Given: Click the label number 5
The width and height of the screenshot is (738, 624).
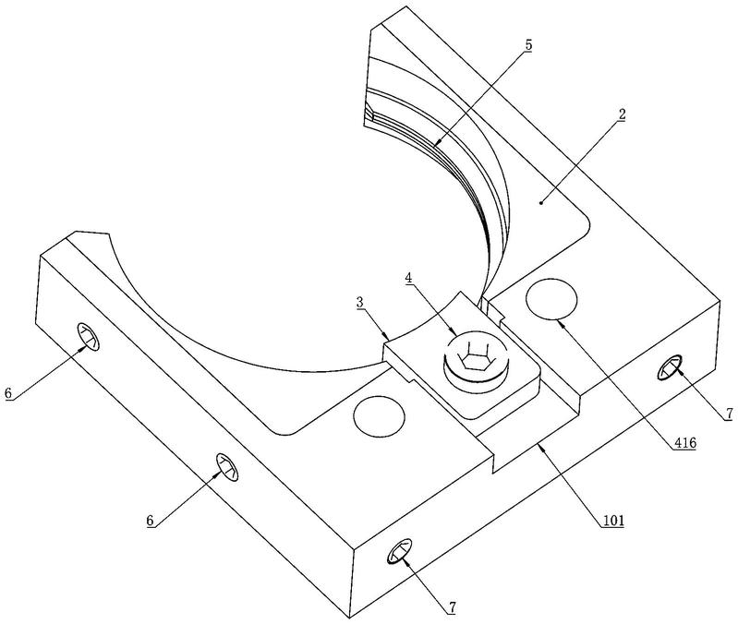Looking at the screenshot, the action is click(528, 45).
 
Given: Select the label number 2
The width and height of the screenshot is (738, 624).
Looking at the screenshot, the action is click(622, 114).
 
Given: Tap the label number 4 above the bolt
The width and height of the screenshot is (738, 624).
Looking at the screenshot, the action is click(408, 278).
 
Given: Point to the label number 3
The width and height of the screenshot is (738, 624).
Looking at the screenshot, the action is click(360, 303).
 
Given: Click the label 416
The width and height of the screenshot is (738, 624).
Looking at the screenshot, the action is click(684, 442).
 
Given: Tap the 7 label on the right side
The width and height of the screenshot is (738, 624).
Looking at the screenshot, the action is click(729, 414).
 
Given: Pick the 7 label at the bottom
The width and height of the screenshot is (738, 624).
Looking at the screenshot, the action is click(452, 607).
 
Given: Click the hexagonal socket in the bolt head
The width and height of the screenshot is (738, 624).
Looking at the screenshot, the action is click(475, 359).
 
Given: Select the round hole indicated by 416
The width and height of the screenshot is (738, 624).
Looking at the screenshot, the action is click(551, 298).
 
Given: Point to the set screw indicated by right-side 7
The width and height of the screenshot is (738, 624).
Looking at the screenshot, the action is click(670, 366).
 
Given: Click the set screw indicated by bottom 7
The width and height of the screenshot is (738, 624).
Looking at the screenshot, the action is click(399, 551).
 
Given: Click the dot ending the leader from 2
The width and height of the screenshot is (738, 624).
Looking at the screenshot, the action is click(541, 203).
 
